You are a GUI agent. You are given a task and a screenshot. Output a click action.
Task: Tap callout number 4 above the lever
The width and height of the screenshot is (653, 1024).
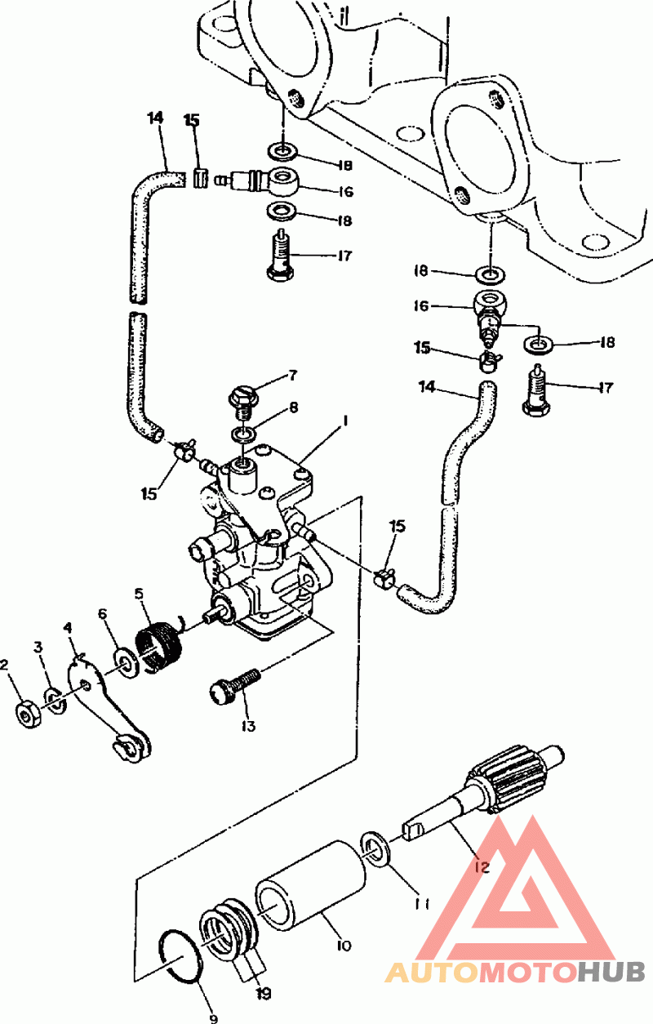pyautogui.click(x=68, y=629)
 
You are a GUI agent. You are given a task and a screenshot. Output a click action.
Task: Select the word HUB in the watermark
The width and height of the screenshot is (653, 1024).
pyautogui.click(x=611, y=972)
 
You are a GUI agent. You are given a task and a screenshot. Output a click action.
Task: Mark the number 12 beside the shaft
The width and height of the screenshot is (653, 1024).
pyautogui.click(x=482, y=866)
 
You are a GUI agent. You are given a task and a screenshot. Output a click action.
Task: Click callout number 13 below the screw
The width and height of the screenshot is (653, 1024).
pyautogui.click(x=248, y=726)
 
